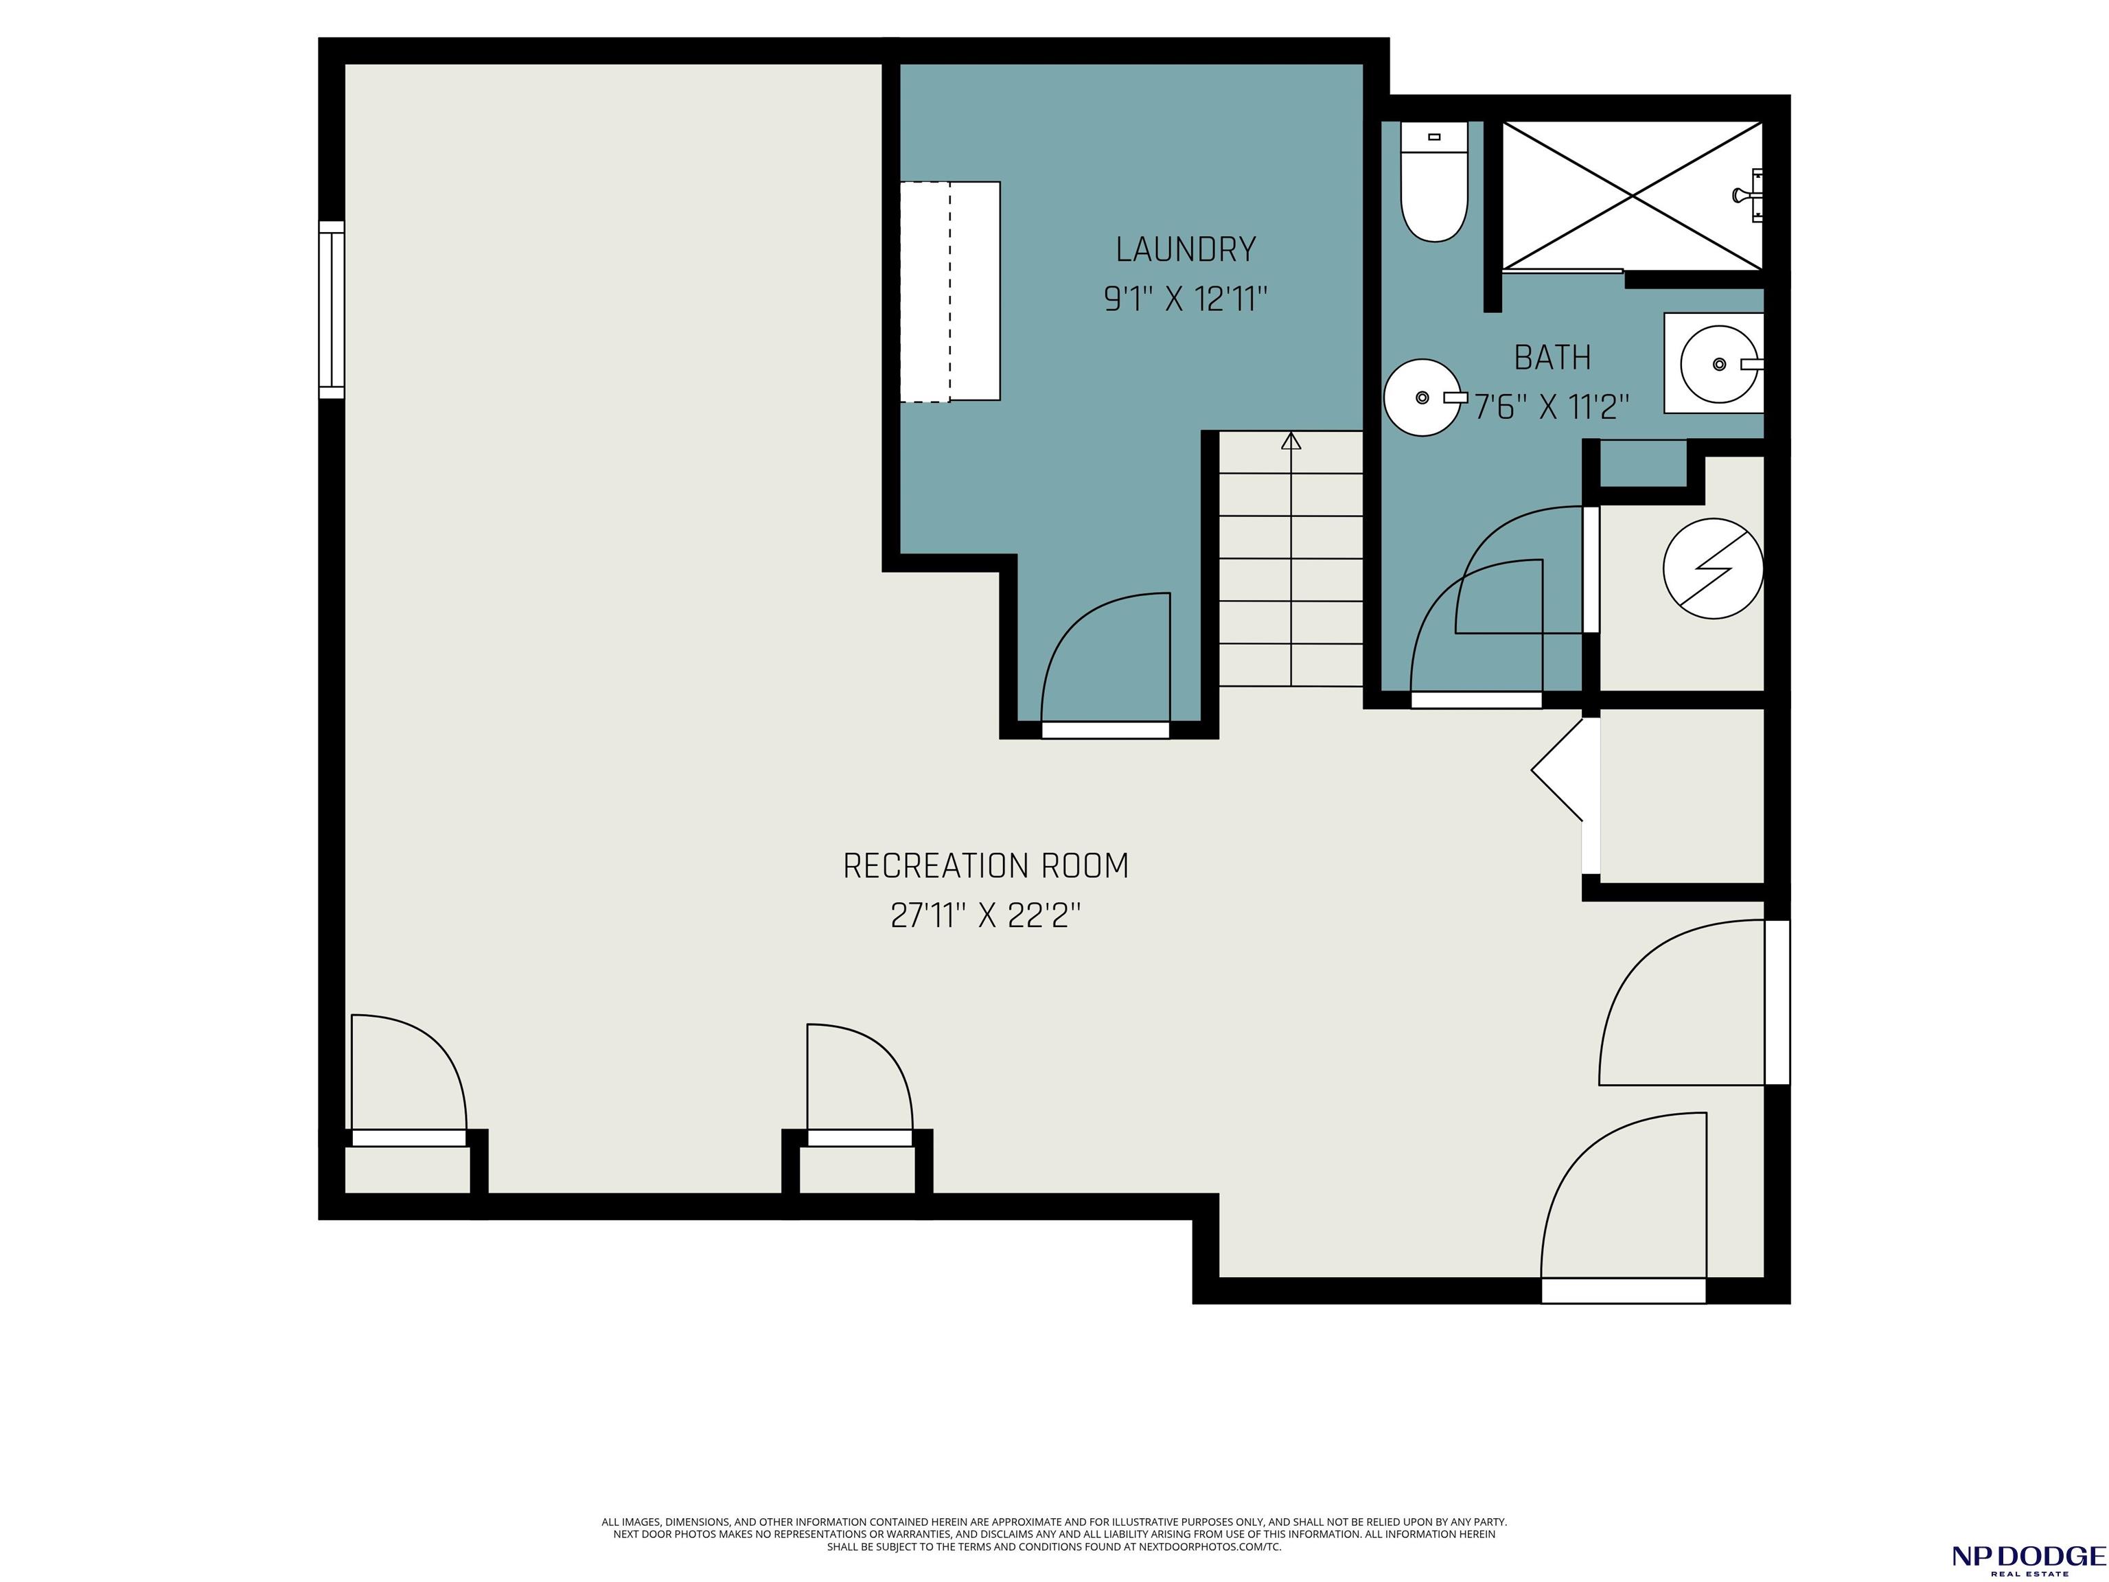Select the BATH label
1552,358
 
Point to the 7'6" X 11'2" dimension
1552,408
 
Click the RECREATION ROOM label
986,866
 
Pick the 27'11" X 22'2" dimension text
986,917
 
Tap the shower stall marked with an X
1633,196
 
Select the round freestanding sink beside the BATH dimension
1423,398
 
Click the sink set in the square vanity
1718,363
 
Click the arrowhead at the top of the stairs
1291,441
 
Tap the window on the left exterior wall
331,310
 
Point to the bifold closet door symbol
1557,768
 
